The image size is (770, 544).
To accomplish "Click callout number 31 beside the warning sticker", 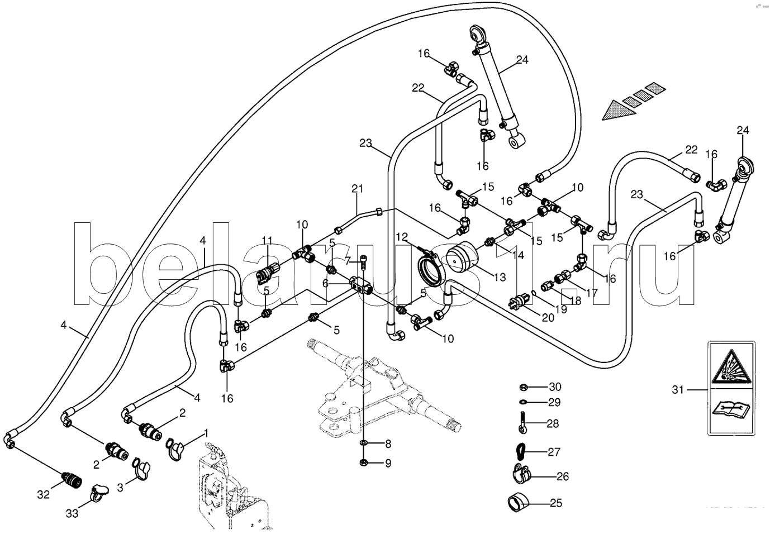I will pyautogui.click(x=678, y=390).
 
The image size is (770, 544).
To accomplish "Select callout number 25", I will pyautogui.click(x=555, y=503).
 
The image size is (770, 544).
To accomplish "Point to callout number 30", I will pyautogui.click(x=554, y=386).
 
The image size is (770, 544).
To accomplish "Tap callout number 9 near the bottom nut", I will pyautogui.click(x=387, y=463).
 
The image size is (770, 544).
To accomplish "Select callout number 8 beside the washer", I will pyautogui.click(x=387, y=444).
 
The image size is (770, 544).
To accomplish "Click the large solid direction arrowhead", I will pyautogui.click(x=616, y=109).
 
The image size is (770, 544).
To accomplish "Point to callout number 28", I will pyautogui.click(x=552, y=424).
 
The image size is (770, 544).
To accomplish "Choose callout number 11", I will pyautogui.click(x=267, y=241).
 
